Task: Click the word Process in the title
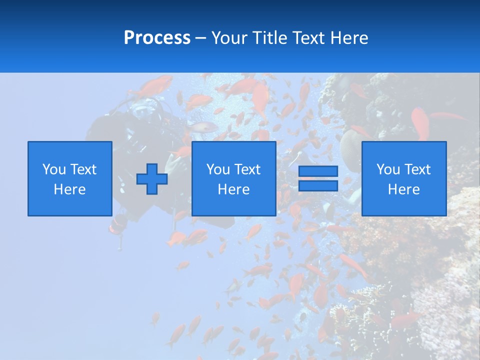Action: (157, 38)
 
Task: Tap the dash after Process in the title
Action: (201, 38)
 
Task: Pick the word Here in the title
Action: (349, 38)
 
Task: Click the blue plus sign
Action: (152, 178)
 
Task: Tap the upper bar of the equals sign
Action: (318, 171)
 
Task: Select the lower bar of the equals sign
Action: (318, 186)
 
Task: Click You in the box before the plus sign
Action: (54, 169)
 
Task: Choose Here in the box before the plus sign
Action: (70, 189)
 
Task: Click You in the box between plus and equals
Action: (218, 169)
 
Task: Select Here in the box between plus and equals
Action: (234, 189)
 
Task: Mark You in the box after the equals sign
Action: (388, 169)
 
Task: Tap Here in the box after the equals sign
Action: (404, 189)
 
